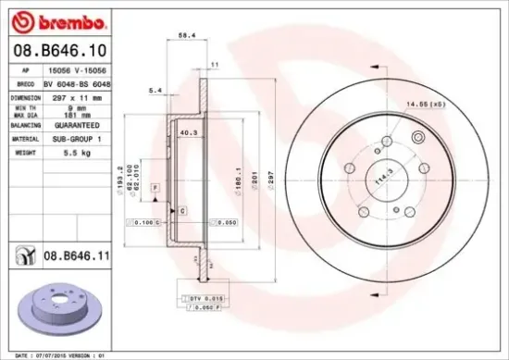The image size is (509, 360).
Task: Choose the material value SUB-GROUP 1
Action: (x=71, y=137)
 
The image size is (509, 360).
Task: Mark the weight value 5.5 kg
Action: (x=61, y=150)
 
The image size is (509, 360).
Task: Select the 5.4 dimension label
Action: (x=155, y=90)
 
